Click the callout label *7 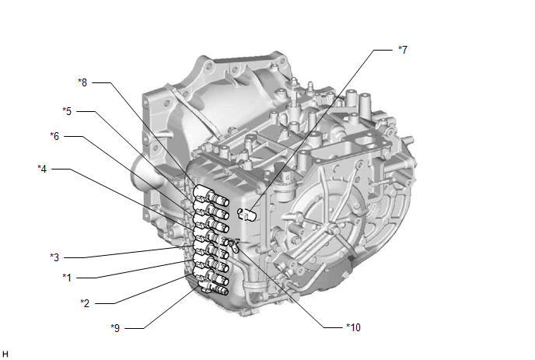click(x=402, y=50)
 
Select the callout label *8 click(x=82, y=81)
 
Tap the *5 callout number click(x=68, y=111)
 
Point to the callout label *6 click(x=54, y=136)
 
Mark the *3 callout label click(x=54, y=257)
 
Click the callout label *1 click(x=68, y=276)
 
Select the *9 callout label click(x=116, y=327)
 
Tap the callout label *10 click(x=354, y=327)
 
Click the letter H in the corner click(x=5, y=354)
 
